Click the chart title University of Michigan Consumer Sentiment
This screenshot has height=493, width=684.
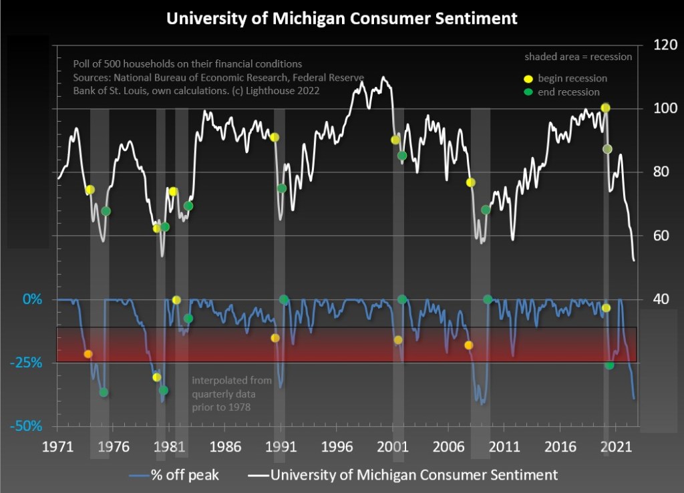point(341,18)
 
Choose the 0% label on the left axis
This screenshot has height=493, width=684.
point(31,299)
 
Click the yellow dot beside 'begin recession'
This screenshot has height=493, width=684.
point(528,78)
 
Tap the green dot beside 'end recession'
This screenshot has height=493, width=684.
point(528,92)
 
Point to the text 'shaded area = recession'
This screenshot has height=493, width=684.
point(578,57)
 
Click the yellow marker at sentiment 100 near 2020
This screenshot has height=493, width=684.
point(605,108)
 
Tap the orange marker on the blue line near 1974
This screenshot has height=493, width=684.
point(88,354)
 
